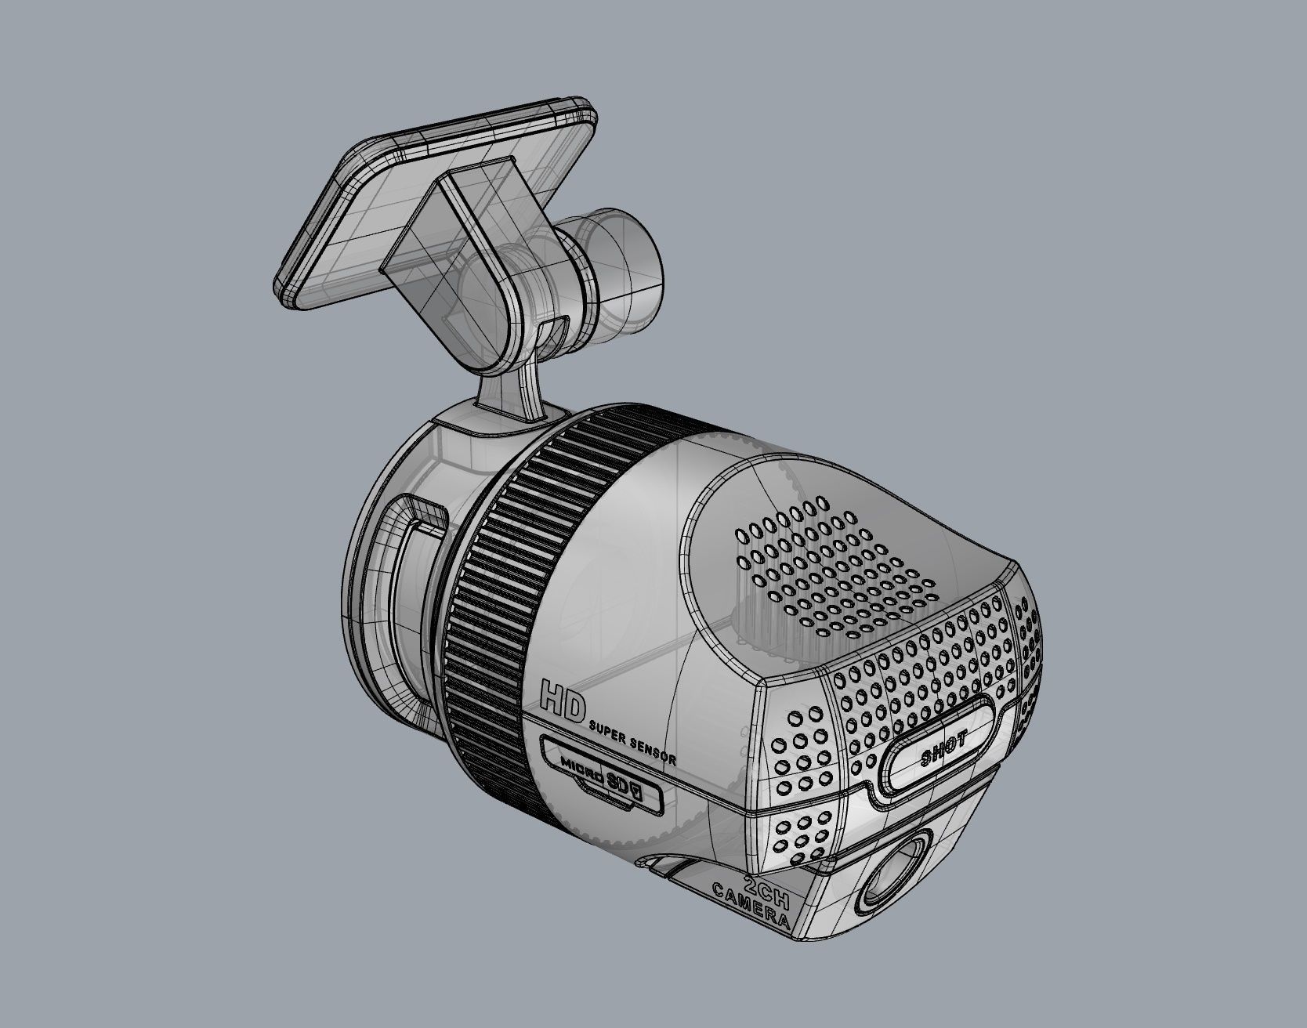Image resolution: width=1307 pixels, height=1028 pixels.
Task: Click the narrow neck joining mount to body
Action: [x=509, y=392]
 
